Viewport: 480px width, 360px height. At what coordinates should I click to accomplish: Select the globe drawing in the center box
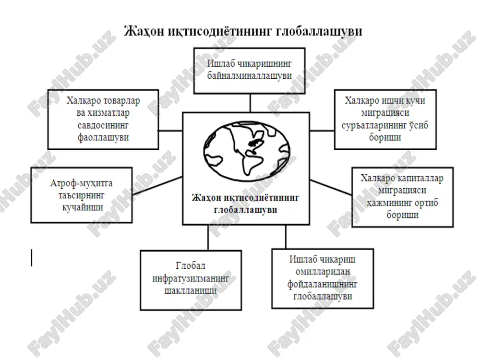point(247,151)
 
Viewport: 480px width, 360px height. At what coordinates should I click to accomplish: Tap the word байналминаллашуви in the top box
point(250,76)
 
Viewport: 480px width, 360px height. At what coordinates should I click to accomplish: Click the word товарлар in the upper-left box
point(121,101)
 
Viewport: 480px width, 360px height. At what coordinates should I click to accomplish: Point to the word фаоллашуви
point(103,138)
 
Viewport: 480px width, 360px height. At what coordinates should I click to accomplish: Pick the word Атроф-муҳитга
point(82,183)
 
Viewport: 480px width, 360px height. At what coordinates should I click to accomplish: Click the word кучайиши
point(83,207)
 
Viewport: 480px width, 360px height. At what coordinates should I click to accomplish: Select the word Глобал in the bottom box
point(191,266)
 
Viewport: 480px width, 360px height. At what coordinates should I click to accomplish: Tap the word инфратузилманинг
point(191,278)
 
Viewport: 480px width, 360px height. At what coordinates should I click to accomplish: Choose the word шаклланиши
point(191,290)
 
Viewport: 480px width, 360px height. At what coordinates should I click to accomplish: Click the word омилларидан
point(323,272)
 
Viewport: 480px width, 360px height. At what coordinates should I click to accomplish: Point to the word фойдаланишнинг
point(323,284)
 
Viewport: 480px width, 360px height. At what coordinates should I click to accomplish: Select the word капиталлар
point(420,178)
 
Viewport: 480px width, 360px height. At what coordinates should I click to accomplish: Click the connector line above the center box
point(251,103)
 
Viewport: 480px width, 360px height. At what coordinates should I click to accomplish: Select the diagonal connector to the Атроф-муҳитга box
point(157,186)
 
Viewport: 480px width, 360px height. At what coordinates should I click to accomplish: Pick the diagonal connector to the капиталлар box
point(331,187)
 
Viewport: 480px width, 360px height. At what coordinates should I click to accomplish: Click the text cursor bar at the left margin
point(32,258)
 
